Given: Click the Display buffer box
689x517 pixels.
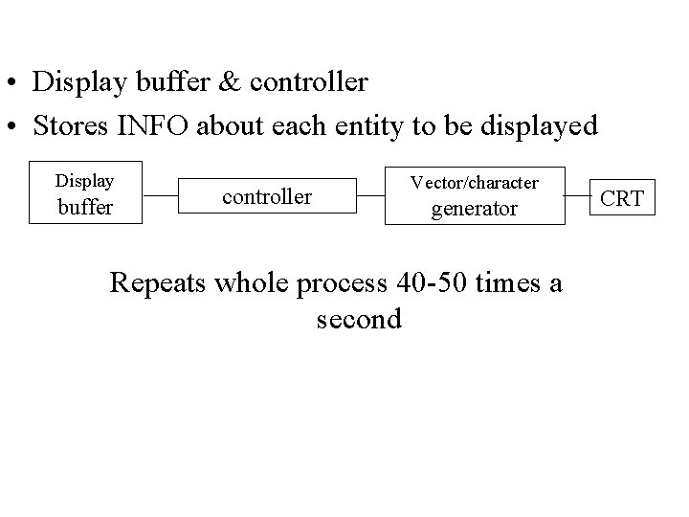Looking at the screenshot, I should coord(85,192).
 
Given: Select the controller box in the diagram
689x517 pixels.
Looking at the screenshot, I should coord(267,197).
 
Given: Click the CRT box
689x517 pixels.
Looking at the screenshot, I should coord(622,199).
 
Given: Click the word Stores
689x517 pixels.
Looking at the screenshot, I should coord(68,125).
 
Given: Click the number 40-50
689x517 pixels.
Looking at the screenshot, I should coord(428,283).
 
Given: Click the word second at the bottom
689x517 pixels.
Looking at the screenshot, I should coord(358,319).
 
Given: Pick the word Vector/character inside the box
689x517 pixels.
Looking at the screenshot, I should coord(474,182).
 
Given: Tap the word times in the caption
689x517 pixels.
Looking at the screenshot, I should coord(504,283).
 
